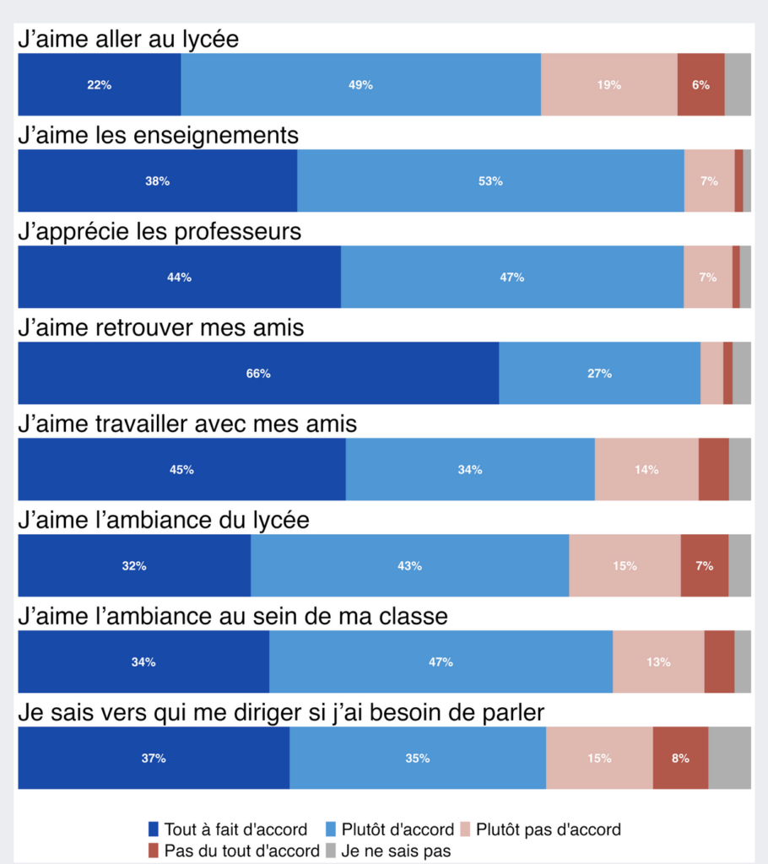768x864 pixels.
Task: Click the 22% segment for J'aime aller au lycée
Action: coord(99,84)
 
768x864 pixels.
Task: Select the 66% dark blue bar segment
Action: coord(258,373)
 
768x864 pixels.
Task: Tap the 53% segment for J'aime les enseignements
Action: coord(490,181)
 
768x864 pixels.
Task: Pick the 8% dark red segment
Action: coord(680,758)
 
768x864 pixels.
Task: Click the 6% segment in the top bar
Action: coord(700,84)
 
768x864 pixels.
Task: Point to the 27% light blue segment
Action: coord(599,373)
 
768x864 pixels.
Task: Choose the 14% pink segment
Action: coord(646,469)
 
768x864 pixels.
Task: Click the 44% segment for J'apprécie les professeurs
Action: coord(179,277)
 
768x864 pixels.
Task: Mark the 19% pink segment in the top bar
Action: coord(608,84)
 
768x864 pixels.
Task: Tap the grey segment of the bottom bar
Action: coord(729,758)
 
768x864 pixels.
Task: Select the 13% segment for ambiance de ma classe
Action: coord(658,661)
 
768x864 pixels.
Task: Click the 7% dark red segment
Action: coord(704,565)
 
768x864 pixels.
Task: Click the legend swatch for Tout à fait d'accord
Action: coord(153,829)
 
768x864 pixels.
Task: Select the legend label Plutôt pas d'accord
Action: coord(549,829)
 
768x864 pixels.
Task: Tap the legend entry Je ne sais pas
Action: coord(396,851)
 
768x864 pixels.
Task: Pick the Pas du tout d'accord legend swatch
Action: coord(153,851)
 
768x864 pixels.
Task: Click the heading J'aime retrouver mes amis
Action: coord(161,328)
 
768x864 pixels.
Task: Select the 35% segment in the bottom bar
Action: coord(417,758)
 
